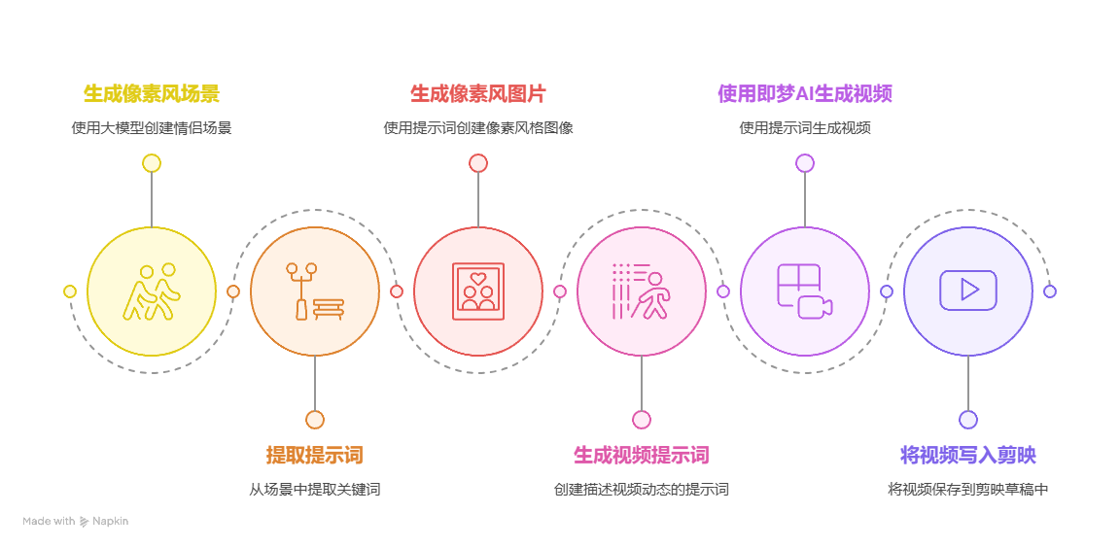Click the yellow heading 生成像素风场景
tap(152, 94)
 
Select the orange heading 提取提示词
tap(315, 456)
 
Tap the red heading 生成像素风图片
tap(478, 94)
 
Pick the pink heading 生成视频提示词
tap(642, 456)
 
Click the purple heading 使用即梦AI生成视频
tap(805, 94)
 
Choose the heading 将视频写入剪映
tap(968, 456)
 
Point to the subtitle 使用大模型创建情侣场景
tap(152, 127)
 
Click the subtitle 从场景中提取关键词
tap(315, 490)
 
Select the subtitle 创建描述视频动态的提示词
tap(642, 490)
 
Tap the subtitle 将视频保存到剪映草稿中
tap(968, 490)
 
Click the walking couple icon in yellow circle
tap(152, 291)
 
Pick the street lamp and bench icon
tap(315, 291)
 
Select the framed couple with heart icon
tap(478, 291)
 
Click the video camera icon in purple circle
tap(805, 291)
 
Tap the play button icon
tap(968, 291)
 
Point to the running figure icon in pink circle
tap(642, 291)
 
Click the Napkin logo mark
tap(85, 522)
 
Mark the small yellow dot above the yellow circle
tap(152, 163)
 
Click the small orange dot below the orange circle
tap(315, 420)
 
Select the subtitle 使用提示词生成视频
tap(805, 127)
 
